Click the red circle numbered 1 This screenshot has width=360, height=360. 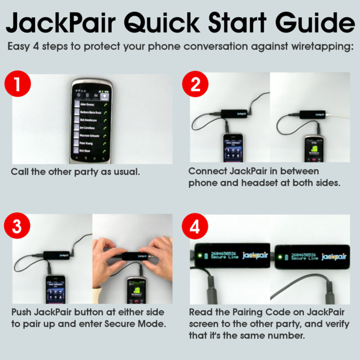18,85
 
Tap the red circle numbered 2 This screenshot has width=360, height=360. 195,85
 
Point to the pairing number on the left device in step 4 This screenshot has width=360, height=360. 224,253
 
